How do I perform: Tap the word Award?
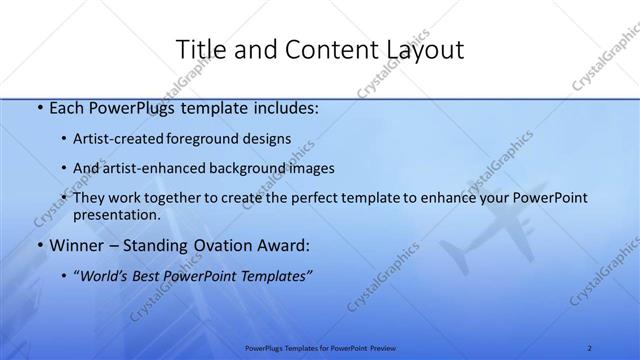point(283,245)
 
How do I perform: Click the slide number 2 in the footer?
point(590,347)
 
